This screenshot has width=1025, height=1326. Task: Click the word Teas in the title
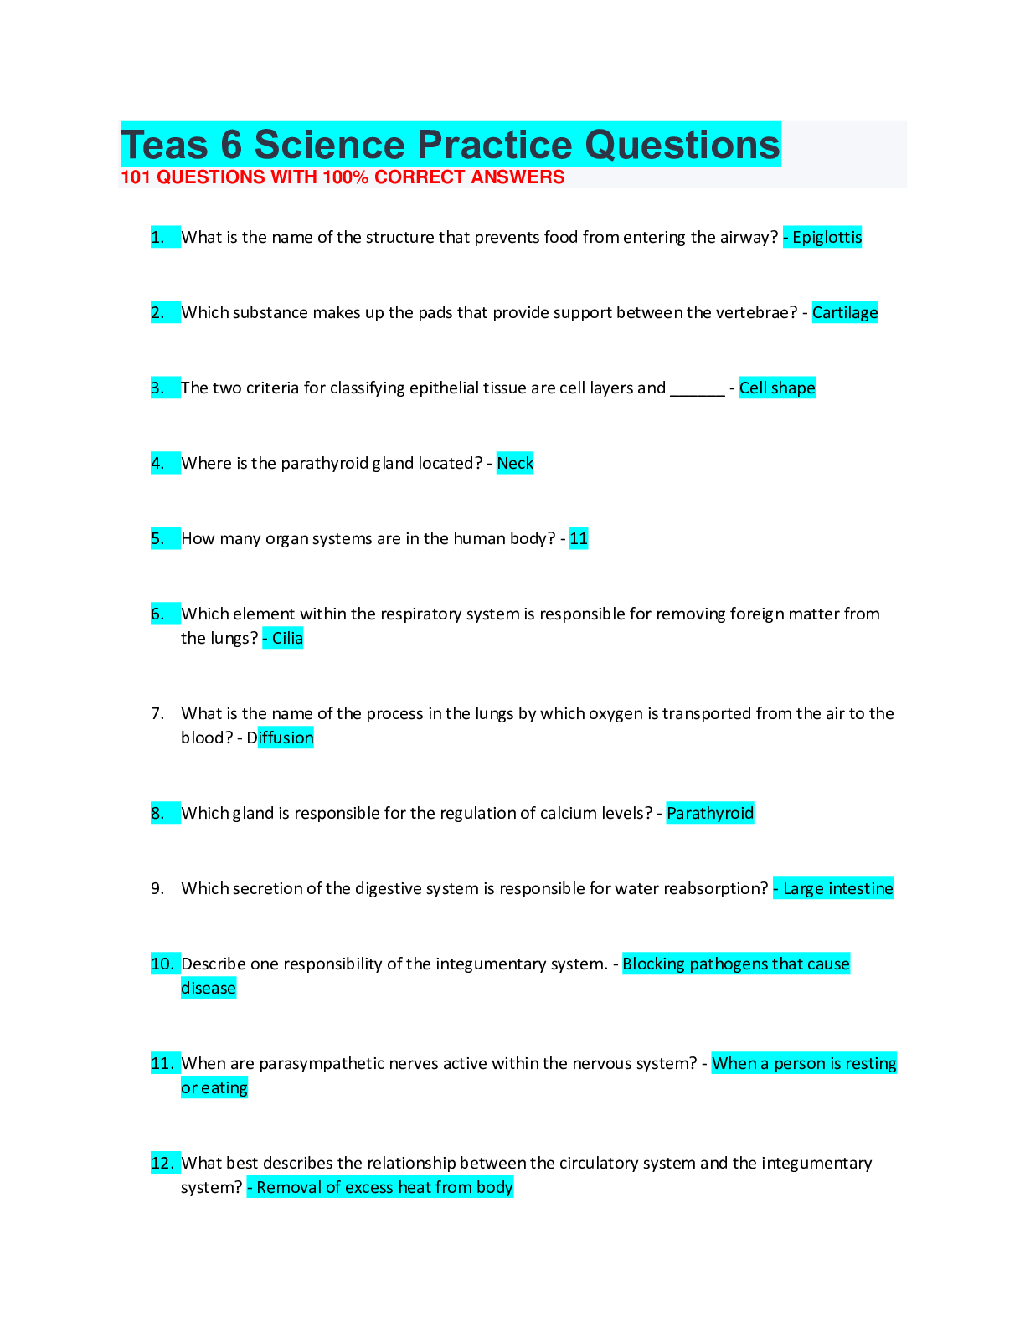(x=164, y=145)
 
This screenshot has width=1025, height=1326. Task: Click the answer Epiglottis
(x=827, y=238)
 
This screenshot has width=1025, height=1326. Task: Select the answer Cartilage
(x=845, y=313)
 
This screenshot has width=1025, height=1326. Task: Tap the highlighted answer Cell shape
(x=777, y=388)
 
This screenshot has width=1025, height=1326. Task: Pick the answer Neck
(x=515, y=464)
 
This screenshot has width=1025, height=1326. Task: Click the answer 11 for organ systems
(x=579, y=539)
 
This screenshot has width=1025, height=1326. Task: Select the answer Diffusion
(x=281, y=738)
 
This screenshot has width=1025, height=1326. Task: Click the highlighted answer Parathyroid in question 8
(x=710, y=814)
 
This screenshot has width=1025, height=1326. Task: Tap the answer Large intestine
(x=837, y=889)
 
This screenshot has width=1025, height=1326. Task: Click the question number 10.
(x=162, y=964)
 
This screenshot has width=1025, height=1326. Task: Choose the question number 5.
(x=157, y=539)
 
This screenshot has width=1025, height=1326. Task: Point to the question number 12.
(x=162, y=1164)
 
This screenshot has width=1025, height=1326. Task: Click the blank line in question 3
(x=697, y=390)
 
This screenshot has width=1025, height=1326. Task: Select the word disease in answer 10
(x=209, y=989)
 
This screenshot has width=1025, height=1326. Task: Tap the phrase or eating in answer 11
(x=214, y=1088)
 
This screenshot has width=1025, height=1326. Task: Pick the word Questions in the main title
(x=682, y=145)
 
